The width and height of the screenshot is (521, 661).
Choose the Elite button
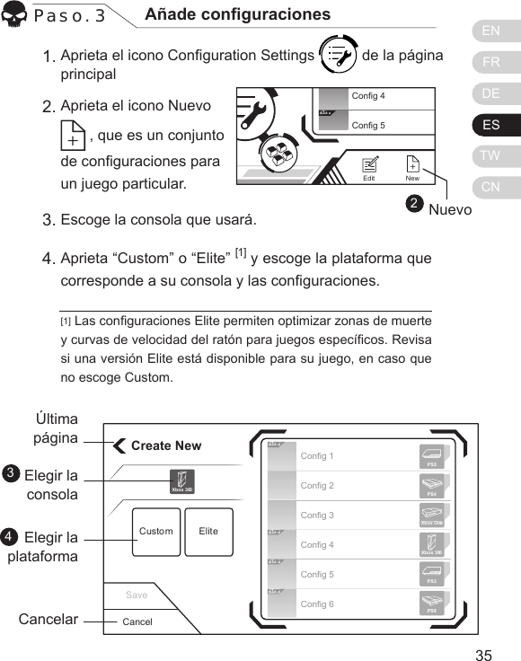208,532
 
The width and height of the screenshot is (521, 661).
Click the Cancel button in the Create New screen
137,621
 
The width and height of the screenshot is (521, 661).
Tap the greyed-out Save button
137,595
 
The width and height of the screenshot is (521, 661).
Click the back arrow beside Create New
119,445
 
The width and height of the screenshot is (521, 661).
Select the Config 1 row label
317,456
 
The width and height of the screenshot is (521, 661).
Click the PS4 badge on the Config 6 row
432,604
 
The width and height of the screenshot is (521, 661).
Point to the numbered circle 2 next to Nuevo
413,206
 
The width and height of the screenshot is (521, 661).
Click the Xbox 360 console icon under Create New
181,480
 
